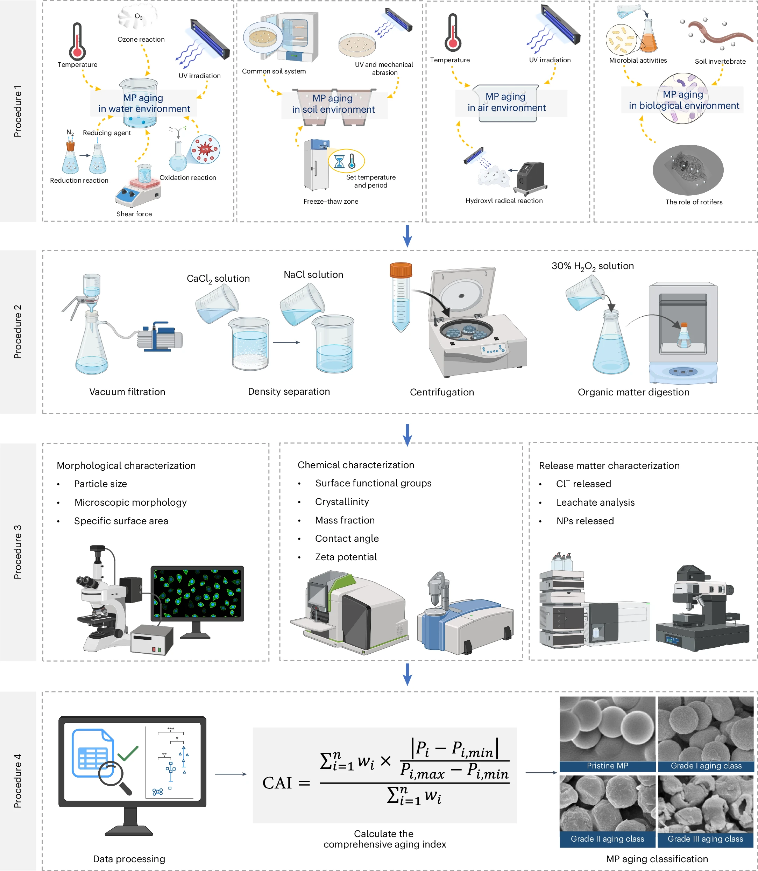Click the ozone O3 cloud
tap(137, 17)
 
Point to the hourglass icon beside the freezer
tap(339, 161)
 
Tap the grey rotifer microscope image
tap(688, 170)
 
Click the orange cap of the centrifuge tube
tap(401, 269)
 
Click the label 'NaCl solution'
tap(313, 275)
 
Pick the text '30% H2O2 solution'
tap(593, 266)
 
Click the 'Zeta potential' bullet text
tap(346, 557)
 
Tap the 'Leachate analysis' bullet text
tap(595, 503)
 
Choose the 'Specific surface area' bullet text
tap(121, 521)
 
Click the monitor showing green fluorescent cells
tap(197, 593)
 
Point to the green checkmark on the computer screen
tap(128, 754)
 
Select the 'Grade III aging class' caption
tap(705, 839)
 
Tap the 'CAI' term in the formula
tap(277, 783)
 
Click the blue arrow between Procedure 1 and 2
tap(407, 236)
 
